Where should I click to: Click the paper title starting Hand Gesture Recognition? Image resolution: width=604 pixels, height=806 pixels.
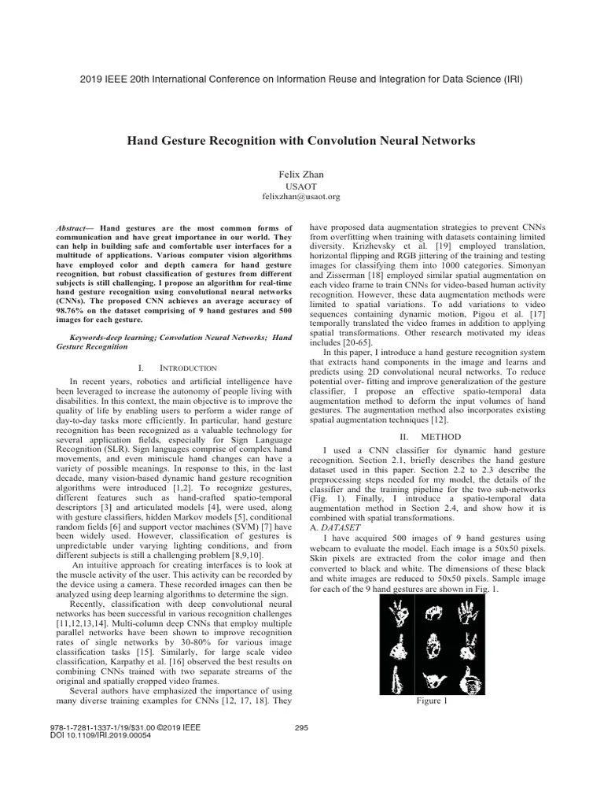[x=301, y=141]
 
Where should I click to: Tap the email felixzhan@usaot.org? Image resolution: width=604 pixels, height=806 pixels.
[x=301, y=196]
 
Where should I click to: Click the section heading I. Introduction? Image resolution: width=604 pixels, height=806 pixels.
[x=177, y=368]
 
